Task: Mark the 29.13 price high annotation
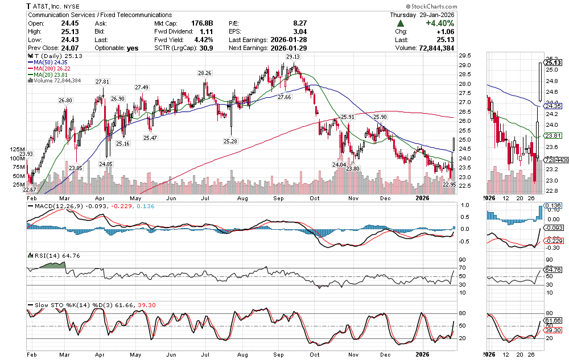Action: click(x=293, y=57)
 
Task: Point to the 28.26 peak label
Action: click(x=205, y=73)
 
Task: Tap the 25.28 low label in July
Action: click(x=231, y=141)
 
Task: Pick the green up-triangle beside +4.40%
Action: click(x=401, y=23)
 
